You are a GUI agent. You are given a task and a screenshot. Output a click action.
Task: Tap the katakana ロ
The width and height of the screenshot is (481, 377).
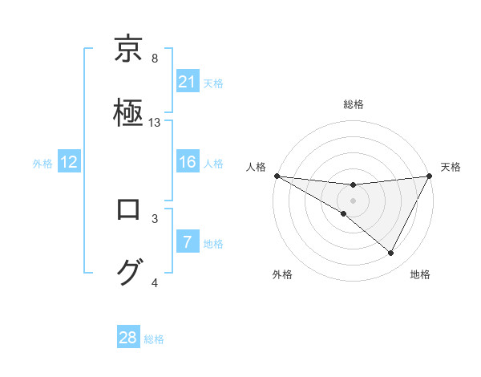pyautogui.click(x=129, y=210)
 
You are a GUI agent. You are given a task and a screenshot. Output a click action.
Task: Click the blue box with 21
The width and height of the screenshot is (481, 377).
pyautogui.click(x=188, y=81)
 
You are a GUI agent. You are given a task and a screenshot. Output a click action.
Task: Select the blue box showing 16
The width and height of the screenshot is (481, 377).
pyautogui.click(x=188, y=162)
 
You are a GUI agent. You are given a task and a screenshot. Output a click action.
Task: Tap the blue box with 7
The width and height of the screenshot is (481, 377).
pyautogui.click(x=188, y=242)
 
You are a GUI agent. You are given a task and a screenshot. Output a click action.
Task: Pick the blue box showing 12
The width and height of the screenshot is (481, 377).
pyautogui.click(x=69, y=162)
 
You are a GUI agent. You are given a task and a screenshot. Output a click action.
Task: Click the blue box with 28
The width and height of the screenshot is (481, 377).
pyautogui.click(x=128, y=338)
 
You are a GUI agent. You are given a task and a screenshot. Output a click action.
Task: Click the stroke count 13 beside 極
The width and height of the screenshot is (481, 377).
pyautogui.click(x=155, y=123)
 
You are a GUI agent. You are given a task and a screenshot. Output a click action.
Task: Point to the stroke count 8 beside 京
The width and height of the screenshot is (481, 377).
pyautogui.click(x=155, y=59)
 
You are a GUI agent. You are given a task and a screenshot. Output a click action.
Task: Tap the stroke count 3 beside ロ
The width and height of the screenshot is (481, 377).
pyautogui.click(x=155, y=218)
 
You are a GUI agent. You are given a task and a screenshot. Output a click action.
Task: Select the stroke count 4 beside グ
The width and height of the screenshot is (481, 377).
pyautogui.click(x=155, y=282)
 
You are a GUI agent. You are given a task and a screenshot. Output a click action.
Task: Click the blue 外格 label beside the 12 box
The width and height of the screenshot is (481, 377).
pyautogui.click(x=42, y=164)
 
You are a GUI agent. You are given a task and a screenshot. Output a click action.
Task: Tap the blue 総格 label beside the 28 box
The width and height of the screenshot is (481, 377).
pyautogui.click(x=154, y=339)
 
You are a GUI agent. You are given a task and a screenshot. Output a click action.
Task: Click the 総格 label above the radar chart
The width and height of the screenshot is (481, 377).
pyautogui.click(x=354, y=104)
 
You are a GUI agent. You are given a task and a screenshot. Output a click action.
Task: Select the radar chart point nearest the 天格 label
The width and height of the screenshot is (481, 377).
pyautogui.click(x=430, y=176)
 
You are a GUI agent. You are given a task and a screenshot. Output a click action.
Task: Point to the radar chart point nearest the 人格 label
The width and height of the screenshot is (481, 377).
pyautogui.click(x=277, y=175)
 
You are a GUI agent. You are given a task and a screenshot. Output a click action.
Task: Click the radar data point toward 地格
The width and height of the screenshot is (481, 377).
pyautogui.click(x=391, y=253)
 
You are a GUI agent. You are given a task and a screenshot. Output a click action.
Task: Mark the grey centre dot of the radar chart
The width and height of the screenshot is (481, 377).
pyautogui.click(x=354, y=200)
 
